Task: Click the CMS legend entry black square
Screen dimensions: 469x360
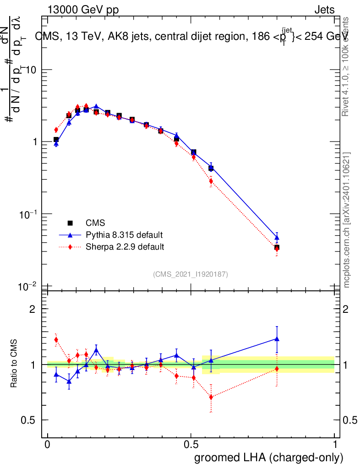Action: (70, 223)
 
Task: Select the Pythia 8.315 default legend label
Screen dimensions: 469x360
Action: (124, 235)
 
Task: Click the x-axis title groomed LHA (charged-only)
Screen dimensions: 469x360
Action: (269, 458)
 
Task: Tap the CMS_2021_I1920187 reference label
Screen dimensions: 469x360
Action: (191, 274)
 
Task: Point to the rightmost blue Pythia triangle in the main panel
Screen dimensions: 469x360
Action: (277, 237)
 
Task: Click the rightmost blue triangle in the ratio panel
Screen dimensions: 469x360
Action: (277, 339)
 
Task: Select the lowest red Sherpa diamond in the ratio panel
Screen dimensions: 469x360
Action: (211, 397)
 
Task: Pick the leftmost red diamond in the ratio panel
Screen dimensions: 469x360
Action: (56, 339)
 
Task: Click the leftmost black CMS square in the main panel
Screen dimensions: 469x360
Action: (56, 140)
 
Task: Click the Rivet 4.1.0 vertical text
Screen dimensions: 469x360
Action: (347, 66)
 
